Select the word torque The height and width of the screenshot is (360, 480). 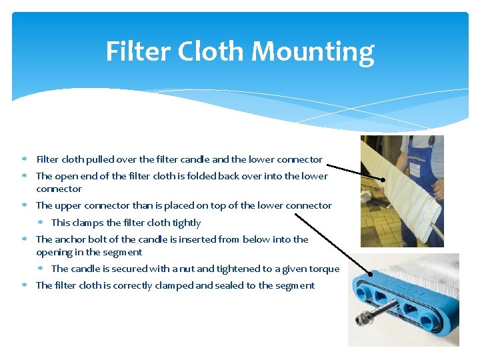[325, 269]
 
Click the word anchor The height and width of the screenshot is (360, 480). [70, 239]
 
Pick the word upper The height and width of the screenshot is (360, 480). [67, 205]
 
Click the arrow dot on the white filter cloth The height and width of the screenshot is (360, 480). [384, 179]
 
